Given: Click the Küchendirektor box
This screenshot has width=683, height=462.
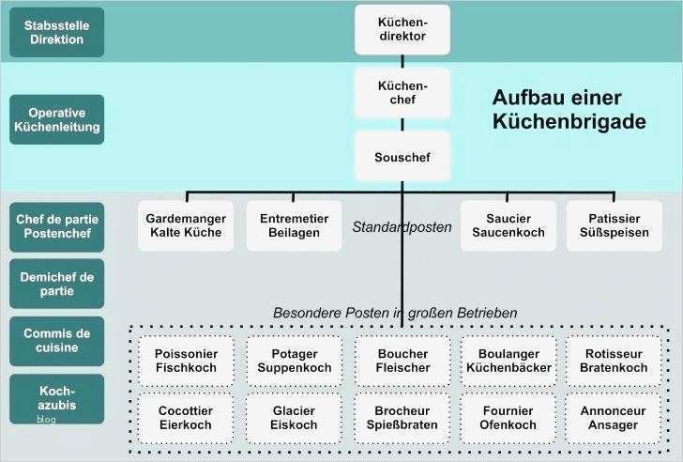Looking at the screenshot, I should coord(402,29).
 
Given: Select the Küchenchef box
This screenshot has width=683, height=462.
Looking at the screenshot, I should coord(402,92).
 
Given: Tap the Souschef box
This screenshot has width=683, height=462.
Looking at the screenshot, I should coord(402,156).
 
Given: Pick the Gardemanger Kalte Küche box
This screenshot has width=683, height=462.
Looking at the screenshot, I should coord(186,225).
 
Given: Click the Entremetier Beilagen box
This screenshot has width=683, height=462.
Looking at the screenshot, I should coord(294,225).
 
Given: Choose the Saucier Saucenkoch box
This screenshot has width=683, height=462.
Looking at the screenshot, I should coord(508,225).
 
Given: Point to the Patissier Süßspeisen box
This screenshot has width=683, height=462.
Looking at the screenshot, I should coord(614,225).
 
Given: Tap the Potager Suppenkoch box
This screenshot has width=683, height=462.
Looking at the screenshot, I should coord(294,361).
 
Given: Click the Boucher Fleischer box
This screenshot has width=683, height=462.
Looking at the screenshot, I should coord(402,361).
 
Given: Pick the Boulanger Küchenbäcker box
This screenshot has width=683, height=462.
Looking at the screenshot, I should coord(508,361).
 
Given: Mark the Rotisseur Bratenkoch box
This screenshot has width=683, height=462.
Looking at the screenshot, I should coord(614,361).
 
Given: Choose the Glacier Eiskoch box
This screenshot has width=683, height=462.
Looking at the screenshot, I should coord(294,418).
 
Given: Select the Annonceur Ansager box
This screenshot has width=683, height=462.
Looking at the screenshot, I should coord(614,418).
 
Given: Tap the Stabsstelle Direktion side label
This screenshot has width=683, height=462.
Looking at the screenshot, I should coord(56,33).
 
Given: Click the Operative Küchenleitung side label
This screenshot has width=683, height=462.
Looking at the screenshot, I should coord(56,119).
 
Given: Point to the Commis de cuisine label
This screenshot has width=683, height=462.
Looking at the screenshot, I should coord(56,341).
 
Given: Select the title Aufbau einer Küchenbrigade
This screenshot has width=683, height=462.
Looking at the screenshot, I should coord(569,110).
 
